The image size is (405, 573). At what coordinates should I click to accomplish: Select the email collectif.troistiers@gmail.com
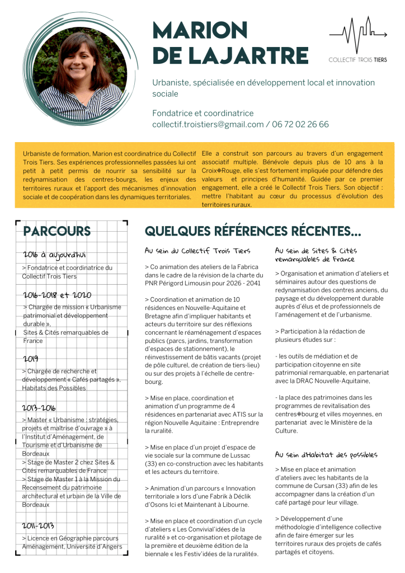pyautogui.click(x=208, y=124)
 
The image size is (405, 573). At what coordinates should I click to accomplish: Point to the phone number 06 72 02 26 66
pyautogui.click(x=300, y=124)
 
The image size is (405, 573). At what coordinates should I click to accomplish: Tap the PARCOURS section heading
pyautogui.click(x=57, y=231)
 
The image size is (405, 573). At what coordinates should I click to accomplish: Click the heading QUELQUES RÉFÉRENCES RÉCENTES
pyautogui.click(x=253, y=231)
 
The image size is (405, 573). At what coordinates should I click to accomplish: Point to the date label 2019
pyautogui.click(x=31, y=358)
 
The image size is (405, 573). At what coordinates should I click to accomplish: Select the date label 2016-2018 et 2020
pyautogui.click(x=57, y=295)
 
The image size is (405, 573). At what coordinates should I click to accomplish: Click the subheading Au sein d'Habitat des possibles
pyautogui.click(x=326, y=454)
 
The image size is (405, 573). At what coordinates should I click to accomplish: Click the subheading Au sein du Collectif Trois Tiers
pyautogui.click(x=197, y=251)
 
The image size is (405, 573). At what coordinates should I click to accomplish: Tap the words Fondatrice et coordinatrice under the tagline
pyautogui.click(x=202, y=113)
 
